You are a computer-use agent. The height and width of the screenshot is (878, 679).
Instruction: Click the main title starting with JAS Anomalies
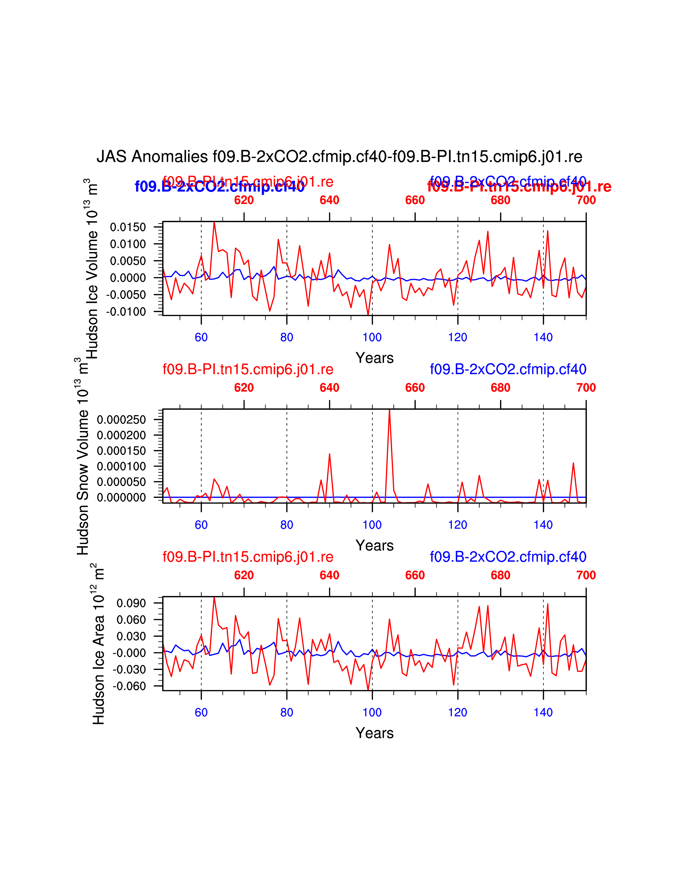click(339, 156)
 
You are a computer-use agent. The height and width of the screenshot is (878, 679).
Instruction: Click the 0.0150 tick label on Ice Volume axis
click(128, 227)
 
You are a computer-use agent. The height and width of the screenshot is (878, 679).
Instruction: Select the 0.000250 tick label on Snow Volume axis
click(121, 420)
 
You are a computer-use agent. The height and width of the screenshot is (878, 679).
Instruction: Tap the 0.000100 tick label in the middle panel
click(121, 466)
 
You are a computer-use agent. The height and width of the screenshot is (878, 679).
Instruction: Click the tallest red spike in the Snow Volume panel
click(389, 410)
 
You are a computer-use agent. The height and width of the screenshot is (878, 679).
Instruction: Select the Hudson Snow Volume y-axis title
click(83, 456)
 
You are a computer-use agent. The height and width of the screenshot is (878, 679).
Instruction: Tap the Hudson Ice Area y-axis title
click(99, 644)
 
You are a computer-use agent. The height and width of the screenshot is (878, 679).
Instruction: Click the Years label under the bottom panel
click(374, 733)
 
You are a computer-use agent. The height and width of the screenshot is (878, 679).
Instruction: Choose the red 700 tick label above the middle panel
click(586, 388)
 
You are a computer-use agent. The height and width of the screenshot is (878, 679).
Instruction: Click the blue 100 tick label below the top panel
click(372, 337)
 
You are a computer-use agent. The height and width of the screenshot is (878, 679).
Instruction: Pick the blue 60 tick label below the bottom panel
click(201, 712)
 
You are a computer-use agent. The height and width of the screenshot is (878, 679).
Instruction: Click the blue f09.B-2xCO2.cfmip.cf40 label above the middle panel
click(508, 369)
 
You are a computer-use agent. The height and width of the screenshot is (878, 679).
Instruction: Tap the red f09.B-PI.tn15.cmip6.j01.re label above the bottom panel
click(248, 557)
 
